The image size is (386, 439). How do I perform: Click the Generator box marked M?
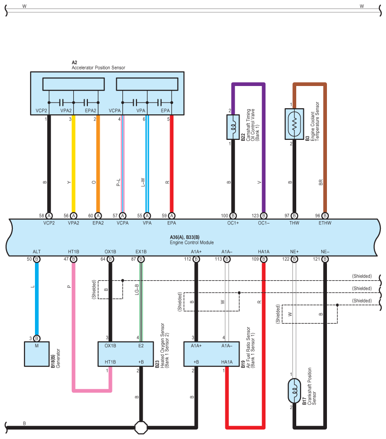37,353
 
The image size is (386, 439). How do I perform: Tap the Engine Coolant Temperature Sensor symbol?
294,124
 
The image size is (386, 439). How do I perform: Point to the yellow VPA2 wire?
73,165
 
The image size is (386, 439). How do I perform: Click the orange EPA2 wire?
98,165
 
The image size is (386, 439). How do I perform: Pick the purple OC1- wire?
264,151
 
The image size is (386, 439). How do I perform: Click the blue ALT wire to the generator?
37,298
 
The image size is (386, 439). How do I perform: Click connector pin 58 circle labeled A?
49,215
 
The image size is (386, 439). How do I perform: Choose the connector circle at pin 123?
264,215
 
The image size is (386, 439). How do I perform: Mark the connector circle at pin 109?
264,259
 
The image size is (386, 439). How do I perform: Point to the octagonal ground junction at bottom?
140,427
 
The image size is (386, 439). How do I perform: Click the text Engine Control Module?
192,242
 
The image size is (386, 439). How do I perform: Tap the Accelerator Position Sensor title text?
98,68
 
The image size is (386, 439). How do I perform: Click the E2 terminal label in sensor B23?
140,345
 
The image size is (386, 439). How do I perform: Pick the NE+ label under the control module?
294,252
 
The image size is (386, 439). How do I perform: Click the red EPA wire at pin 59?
172,165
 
